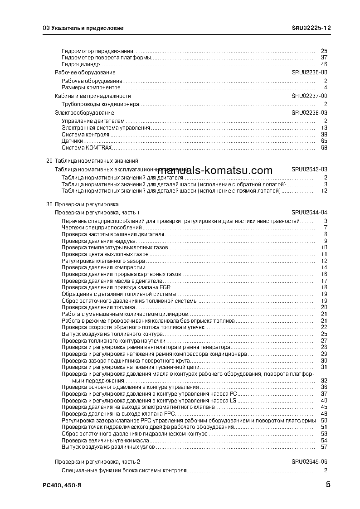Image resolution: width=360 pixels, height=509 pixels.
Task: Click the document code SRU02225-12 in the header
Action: [311, 28]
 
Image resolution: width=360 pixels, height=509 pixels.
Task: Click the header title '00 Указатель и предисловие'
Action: [83, 28]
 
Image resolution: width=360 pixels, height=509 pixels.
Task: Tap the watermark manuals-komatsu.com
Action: [215, 170]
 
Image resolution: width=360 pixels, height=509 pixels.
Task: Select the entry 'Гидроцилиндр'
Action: [80, 64]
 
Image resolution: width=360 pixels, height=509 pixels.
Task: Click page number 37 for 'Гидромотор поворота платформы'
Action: [324, 58]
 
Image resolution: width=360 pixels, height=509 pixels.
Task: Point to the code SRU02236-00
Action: [309, 73]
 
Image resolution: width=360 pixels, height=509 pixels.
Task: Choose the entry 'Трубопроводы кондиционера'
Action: [100, 104]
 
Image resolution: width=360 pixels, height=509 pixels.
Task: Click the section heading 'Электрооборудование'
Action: [84, 112]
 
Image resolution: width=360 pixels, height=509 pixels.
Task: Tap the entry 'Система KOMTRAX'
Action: [86, 147]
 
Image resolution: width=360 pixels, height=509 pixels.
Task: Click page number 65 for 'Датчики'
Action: [324, 141]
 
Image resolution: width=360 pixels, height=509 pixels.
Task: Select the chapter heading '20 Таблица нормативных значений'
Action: [92, 161]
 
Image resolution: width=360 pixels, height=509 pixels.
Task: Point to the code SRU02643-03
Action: [309, 169]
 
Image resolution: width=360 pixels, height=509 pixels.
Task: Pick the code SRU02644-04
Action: [309, 212]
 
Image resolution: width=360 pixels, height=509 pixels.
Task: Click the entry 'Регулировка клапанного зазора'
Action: [103, 261]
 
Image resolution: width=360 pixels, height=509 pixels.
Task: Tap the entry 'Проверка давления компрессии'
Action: [104, 267]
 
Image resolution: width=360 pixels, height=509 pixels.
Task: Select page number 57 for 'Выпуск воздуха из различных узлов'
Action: [324, 447]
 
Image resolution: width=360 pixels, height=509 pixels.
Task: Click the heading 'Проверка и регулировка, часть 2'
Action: [97, 461]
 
